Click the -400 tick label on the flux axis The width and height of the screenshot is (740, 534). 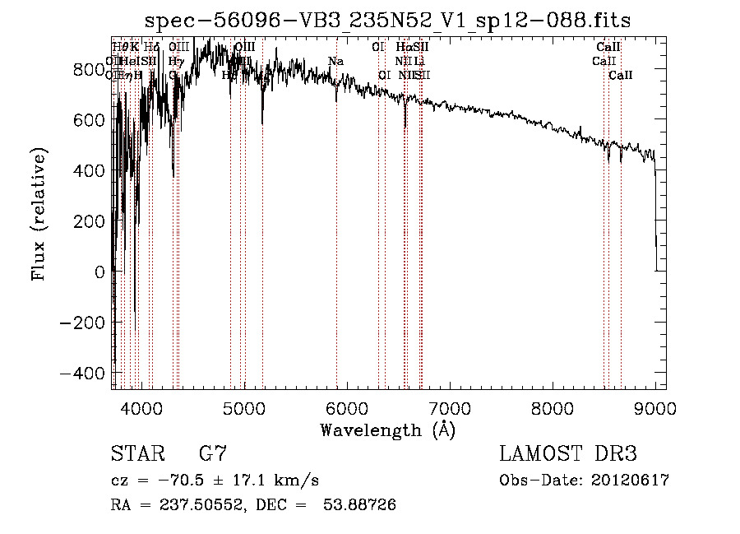pos(82,373)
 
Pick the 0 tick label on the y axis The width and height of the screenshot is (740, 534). pos(100,272)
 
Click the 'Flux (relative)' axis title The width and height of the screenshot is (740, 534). pos(39,214)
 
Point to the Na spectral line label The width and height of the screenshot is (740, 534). pos(335,62)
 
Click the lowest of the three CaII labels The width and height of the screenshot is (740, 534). pos(621,76)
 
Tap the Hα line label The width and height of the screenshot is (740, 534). pos(403,48)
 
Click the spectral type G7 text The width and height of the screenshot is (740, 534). pos(213,455)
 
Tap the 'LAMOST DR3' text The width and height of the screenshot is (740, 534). pos(568,455)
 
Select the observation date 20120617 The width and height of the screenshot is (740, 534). pos(630,481)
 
